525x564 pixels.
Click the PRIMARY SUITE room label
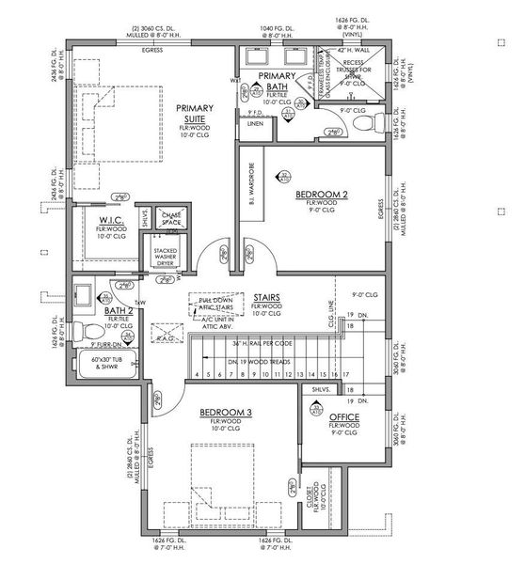point(198,114)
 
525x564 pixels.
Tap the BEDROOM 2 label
point(322,195)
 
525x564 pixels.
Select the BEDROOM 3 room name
point(225,413)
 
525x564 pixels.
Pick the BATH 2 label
point(118,309)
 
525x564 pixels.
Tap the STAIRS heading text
point(267,296)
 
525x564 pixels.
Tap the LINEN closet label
point(255,123)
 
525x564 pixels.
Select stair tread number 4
point(196,374)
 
